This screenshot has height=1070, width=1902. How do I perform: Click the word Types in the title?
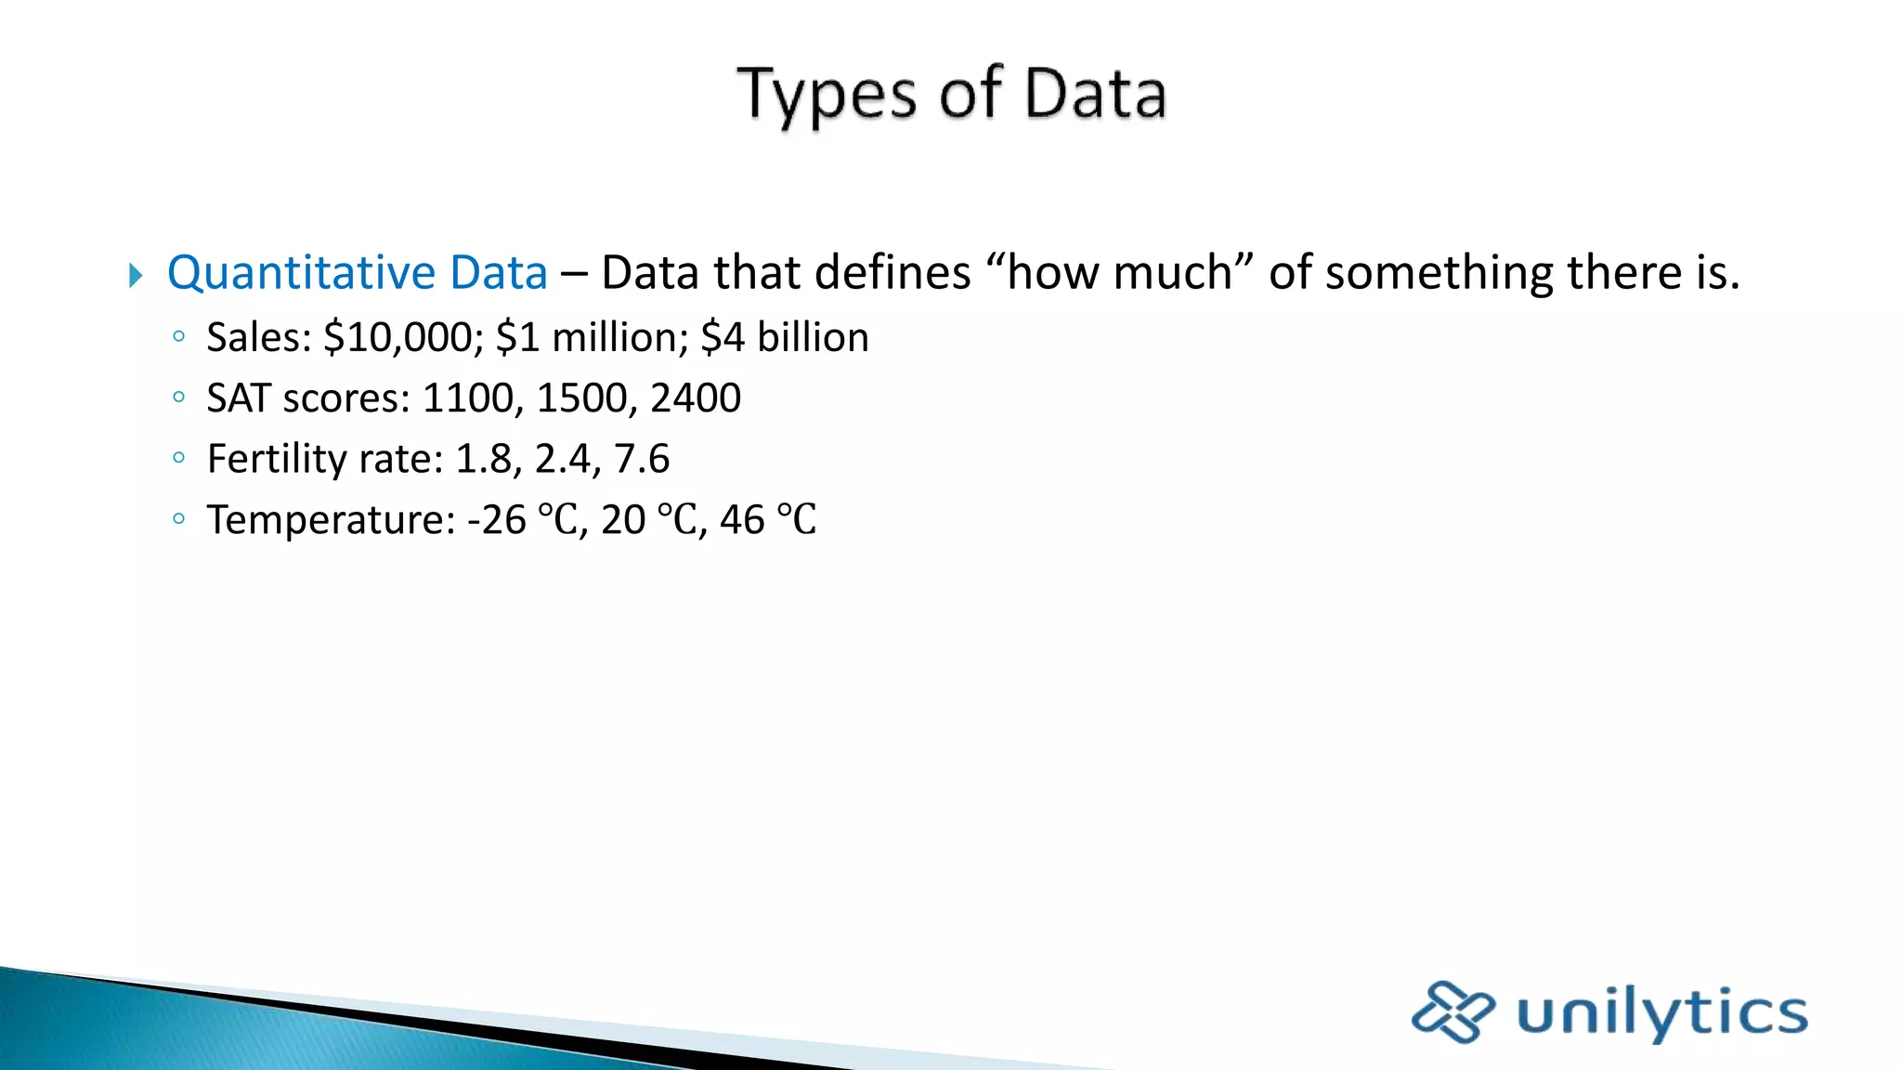tap(826, 96)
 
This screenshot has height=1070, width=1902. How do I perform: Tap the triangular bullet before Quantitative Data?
tap(136, 275)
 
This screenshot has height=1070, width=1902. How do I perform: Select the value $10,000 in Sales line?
tap(397, 337)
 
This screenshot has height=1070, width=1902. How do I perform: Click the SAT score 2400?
tap(696, 398)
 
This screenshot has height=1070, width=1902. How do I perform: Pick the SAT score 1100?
tap(468, 398)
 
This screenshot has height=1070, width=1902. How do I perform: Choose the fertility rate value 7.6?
tap(642, 459)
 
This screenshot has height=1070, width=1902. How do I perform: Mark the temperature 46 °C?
tap(768, 520)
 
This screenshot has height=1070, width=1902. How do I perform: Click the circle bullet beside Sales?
tap(179, 337)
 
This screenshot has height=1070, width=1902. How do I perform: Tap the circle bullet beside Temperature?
tap(179, 519)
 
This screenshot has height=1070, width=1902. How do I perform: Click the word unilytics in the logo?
tap(1661, 1012)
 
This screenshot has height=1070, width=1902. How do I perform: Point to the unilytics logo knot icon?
tap(1453, 1011)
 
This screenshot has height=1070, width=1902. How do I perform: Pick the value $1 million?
tap(592, 337)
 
